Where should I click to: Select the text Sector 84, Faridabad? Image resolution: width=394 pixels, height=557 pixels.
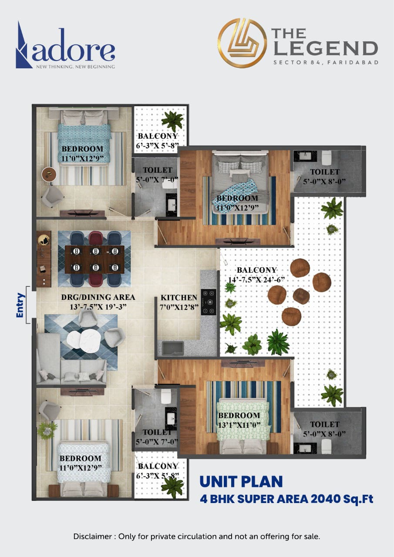click(325, 62)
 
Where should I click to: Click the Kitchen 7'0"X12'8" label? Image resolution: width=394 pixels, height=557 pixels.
click(179, 302)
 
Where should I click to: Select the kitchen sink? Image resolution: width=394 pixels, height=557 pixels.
click(173, 348)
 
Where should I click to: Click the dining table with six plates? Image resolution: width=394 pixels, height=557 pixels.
click(94, 259)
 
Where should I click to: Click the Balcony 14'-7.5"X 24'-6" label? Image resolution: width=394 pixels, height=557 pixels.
click(257, 275)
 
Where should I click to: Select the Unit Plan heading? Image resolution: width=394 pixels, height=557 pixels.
click(241, 482)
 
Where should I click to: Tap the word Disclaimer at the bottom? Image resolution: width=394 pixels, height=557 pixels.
click(92, 537)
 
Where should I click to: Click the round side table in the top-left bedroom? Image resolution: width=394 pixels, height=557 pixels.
click(49, 174)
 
